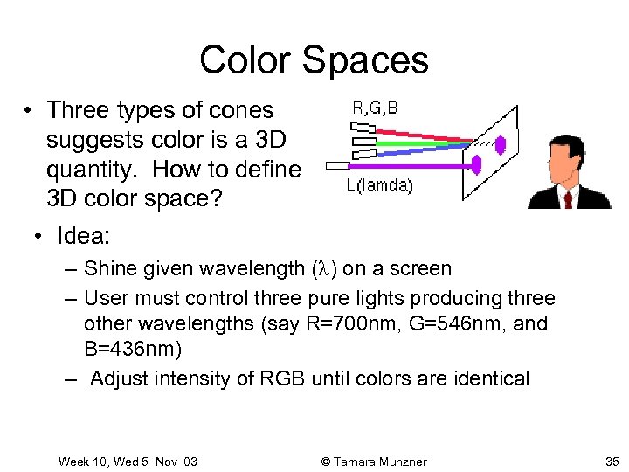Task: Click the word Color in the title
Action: (x=245, y=60)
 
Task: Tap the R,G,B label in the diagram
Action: (x=375, y=108)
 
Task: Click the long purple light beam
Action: (x=411, y=164)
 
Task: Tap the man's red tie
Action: (x=568, y=198)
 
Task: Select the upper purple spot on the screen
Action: (x=500, y=143)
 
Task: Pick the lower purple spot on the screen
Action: (x=478, y=163)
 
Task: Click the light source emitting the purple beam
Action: (x=336, y=164)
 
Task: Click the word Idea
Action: (x=82, y=237)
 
